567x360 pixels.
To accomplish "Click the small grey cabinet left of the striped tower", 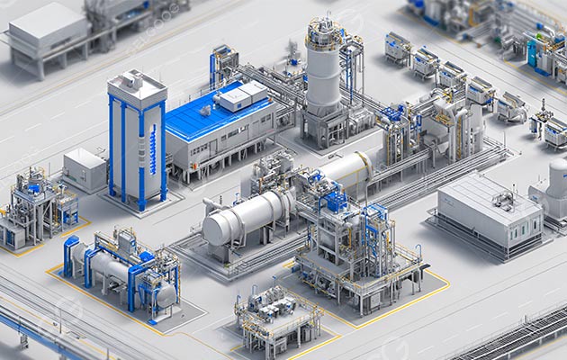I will tap(84, 169).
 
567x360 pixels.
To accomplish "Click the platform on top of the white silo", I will tap(324, 34).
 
